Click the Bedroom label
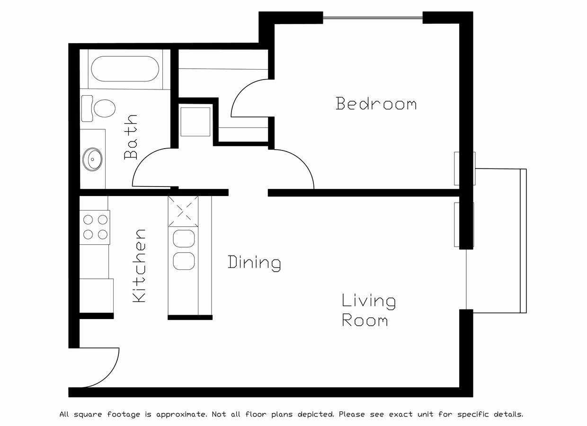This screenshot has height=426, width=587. (x=376, y=104)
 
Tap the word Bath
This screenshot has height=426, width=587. (x=131, y=137)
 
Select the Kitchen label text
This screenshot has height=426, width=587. (x=139, y=266)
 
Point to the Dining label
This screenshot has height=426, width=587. (x=254, y=262)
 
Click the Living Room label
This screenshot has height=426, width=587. (x=368, y=311)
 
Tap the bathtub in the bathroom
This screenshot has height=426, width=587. (x=125, y=69)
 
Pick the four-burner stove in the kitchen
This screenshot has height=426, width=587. (x=95, y=227)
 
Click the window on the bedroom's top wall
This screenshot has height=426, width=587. (x=373, y=18)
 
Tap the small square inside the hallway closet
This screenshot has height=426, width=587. (x=195, y=122)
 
